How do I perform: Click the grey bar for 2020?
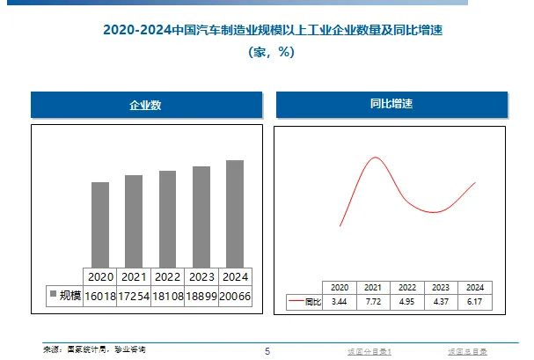click(100, 224)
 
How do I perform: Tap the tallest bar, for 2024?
click(234, 213)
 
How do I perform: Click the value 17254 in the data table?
click(134, 296)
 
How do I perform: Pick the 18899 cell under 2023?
click(201, 296)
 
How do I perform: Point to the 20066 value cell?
click(234, 296)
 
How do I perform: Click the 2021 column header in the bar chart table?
click(134, 276)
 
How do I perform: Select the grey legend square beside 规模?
click(52, 295)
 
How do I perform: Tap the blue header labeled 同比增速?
click(391, 105)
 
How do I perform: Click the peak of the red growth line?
click(376, 158)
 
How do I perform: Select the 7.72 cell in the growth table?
click(372, 302)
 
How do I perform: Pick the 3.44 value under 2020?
click(339, 302)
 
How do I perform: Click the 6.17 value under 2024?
click(475, 302)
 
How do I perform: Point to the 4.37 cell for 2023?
click(441, 302)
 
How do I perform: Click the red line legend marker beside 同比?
click(296, 302)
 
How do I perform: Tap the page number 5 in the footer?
click(267, 351)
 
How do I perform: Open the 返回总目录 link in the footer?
click(465, 351)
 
